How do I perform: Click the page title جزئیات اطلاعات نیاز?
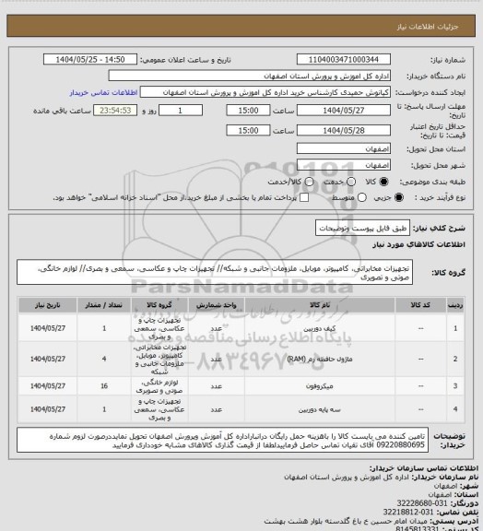pos(434,10)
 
